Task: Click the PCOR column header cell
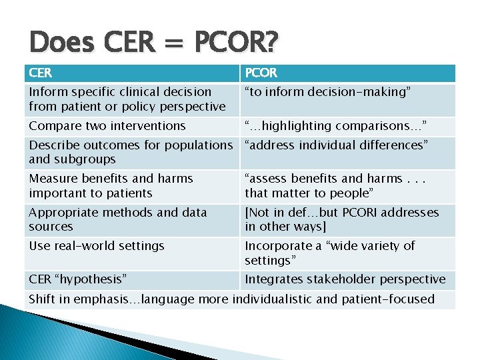coord(347,73)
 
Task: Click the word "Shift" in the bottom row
coord(41,299)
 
